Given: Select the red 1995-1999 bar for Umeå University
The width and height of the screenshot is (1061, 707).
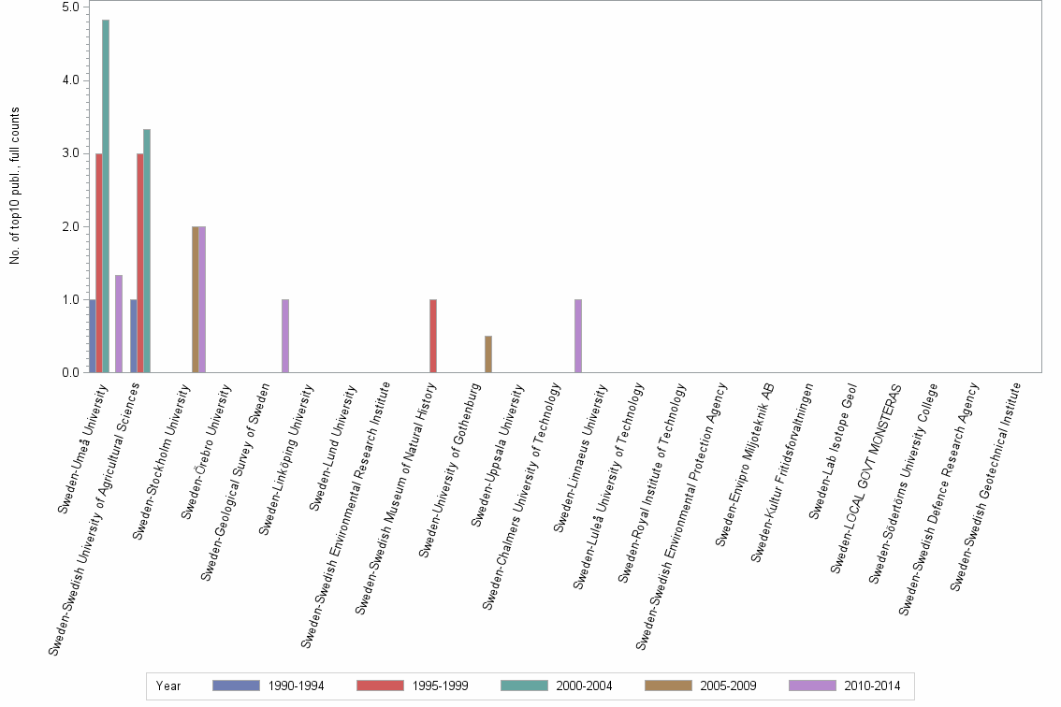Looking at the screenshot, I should pyautogui.click(x=99, y=263).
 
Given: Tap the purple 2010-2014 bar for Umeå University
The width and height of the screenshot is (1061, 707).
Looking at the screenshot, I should pyautogui.click(x=119, y=324).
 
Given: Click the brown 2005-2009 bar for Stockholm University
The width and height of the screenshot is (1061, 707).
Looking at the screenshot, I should pyautogui.click(x=195, y=299).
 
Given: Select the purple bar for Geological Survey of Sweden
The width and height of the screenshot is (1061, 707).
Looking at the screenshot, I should pyautogui.click(x=285, y=336).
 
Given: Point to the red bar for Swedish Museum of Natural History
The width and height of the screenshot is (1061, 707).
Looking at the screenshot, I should pyautogui.click(x=433, y=336).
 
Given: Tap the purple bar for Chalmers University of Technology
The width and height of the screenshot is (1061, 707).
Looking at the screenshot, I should pyautogui.click(x=578, y=336).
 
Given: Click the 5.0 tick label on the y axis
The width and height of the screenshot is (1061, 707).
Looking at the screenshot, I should pyautogui.click(x=70, y=7).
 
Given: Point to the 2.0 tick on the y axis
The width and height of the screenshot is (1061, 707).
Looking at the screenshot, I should pyautogui.click(x=70, y=226).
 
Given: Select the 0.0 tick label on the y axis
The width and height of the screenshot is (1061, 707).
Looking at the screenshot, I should pyautogui.click(x=70, y=372).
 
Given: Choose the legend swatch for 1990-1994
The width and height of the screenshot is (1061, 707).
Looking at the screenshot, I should pyautogui.click(x=236, y=685).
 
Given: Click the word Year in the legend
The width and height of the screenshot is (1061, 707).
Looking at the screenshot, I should pyautogui.click(x=168, y=685).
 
